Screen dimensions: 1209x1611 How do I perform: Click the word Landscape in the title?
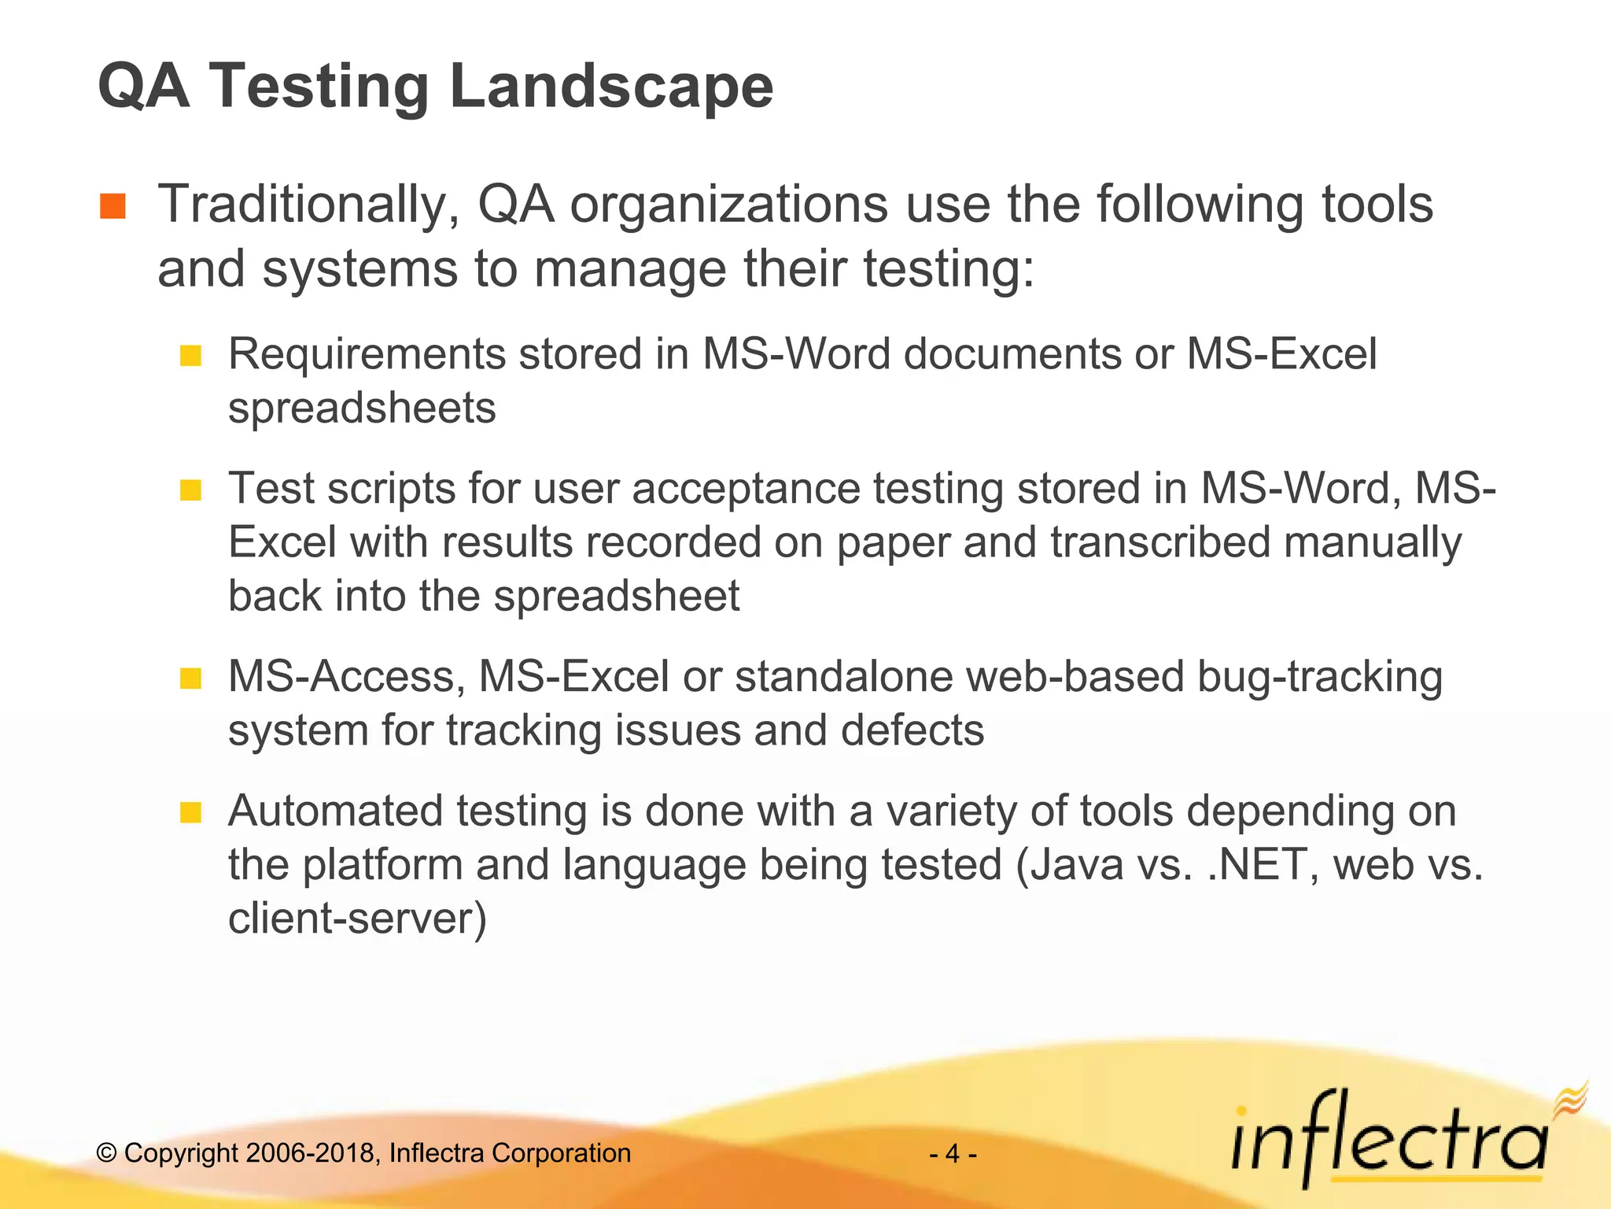tap(611, 87)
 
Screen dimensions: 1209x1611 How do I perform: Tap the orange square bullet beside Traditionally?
tap(112, 206)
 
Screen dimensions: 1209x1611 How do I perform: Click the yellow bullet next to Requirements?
tap(190, 356)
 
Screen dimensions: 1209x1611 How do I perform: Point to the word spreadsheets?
tap(362, 409)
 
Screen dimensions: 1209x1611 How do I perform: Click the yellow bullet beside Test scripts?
tap(190, 490)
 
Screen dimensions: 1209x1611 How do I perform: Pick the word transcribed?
tap(1160, 543)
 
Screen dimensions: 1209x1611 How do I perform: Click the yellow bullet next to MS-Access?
tap(190, 678)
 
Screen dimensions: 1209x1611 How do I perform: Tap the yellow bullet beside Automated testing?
tap(190, 812)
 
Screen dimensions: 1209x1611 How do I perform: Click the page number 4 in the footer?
tap(953, 1154)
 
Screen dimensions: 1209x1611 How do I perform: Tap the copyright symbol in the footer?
tap(107, 1154)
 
